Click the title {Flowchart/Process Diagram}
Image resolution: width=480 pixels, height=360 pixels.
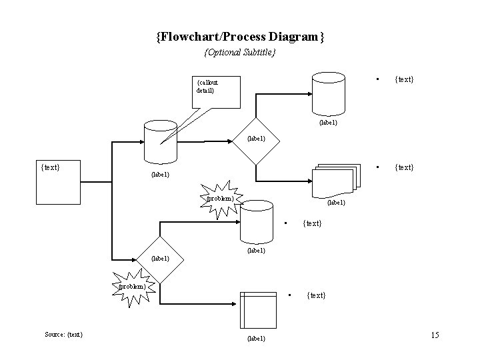pyautogui.click(x=240, y=37)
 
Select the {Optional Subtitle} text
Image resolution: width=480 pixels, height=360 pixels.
pyautogui.click(x=240, y=52)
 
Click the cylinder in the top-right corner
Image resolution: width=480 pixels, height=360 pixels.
pyautogui.click(x=329, y=93)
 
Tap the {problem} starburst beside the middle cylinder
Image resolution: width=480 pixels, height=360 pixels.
pyautogui.click(x=220, y=198)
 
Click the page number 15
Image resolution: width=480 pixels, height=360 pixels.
pyautogui.click(x=435, y=334)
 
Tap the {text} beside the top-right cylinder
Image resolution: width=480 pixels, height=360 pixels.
pyautogui.click(x=404, y=79)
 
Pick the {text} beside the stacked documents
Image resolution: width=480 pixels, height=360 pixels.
pyautogui.click(x=404, y=167)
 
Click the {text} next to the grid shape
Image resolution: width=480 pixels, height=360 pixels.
pyautogui.click(x=316, y=295)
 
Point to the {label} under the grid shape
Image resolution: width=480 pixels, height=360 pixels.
pyautogui.click(x=256, y=339)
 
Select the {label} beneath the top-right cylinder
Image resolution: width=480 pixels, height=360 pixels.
pyautogui.click(x=328, y=123)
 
